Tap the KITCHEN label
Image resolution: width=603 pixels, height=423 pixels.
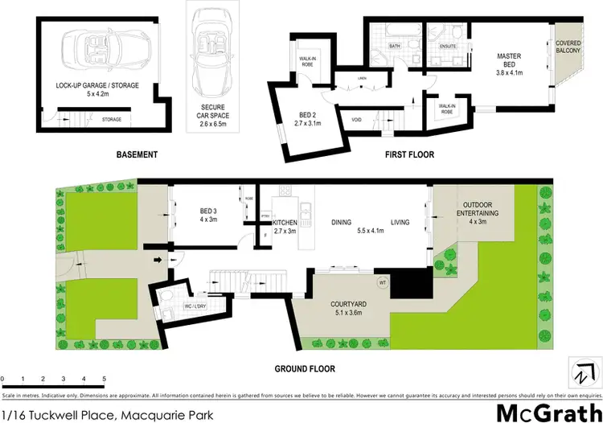[285, 225]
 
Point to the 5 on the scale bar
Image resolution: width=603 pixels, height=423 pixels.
[104, 379]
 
